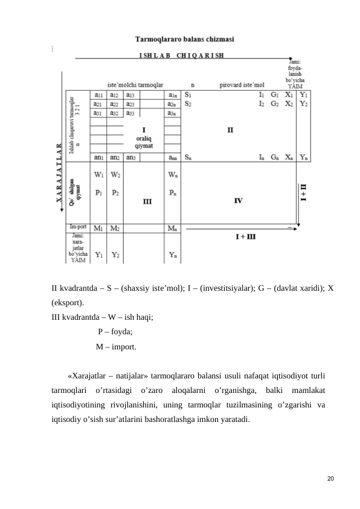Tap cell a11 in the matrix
98,95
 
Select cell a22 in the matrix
114,104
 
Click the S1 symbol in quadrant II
189,95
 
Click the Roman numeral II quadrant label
230,129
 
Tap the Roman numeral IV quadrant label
239,200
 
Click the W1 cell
98,175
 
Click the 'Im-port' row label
77,227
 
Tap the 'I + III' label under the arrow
245,237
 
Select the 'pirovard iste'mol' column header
242,86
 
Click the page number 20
329,479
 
